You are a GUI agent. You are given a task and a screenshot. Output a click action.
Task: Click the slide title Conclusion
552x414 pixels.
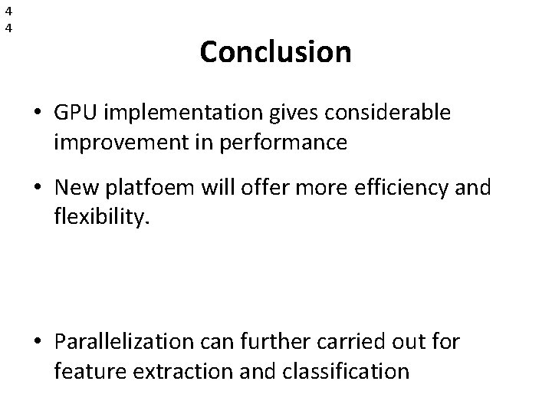[x=275, y=53]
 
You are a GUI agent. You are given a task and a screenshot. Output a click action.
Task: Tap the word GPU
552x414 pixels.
[x=75, y=113]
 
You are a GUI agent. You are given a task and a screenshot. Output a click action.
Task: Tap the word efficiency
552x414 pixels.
[x=396, y=188]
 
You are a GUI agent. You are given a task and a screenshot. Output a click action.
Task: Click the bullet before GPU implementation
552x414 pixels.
[x=38, y=113]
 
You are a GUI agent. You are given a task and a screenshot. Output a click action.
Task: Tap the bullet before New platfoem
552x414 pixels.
[x=38, y=189]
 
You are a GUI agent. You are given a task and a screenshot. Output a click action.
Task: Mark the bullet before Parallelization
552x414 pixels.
[x=38, y=343]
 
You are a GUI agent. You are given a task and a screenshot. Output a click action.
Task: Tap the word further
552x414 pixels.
[x=265, y=342]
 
